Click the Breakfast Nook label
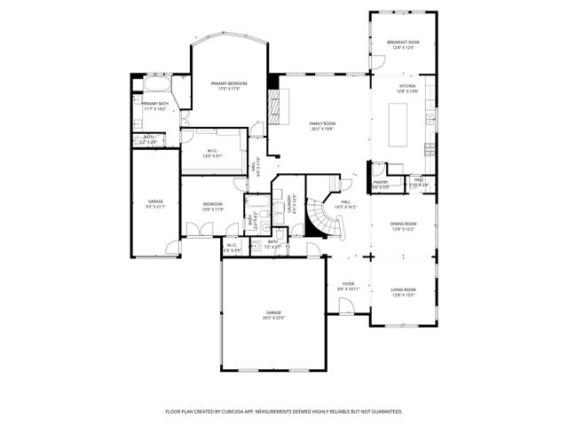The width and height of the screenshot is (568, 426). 402,43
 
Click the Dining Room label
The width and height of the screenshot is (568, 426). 404,224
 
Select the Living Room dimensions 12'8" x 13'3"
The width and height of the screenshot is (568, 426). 404,296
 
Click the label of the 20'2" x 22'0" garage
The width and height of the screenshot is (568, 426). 273,313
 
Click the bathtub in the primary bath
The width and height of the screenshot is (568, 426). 157,86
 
